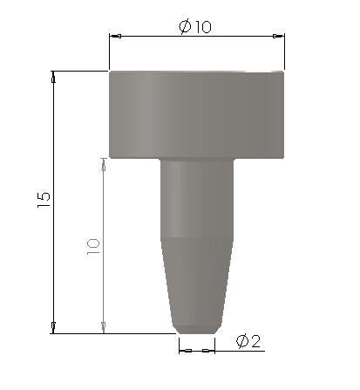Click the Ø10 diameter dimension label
point(195,27)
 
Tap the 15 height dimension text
point(44,200)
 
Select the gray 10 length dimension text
point(93,247)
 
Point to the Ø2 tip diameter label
point(248,341)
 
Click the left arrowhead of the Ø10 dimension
point(115,36)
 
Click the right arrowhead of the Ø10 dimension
point(278,36)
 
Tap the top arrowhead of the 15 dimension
point(53,77)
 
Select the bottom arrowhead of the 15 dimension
point(53,327)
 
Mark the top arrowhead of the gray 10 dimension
point(103,164)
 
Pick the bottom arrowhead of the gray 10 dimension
point(103,327)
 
